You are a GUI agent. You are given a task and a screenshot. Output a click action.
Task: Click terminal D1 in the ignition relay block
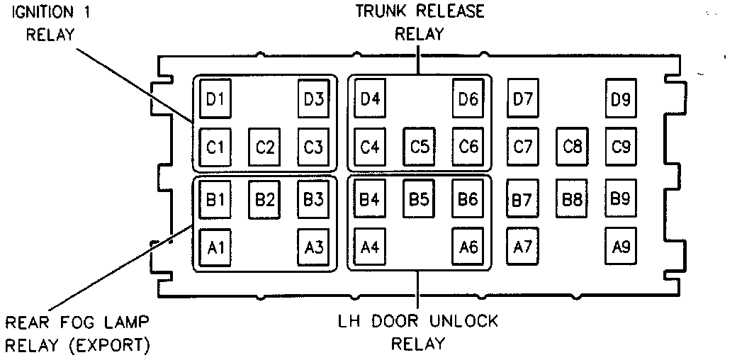coord(215,98)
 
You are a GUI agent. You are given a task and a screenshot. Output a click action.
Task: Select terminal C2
coord(265,147)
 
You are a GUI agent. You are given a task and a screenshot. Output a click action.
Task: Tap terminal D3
coord(313,98)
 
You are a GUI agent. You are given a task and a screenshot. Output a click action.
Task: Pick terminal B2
coord(265,199)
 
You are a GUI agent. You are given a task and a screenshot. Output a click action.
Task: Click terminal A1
coord(215,247)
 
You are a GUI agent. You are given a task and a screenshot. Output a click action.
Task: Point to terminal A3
coord(313,247)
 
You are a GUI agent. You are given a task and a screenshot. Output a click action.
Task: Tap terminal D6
coord(468,98)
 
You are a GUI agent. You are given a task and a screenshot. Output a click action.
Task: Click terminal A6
coord(468,247)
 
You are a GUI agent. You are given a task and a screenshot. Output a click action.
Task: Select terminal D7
coord(523,98)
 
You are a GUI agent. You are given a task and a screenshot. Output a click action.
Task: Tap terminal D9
coord(621,98)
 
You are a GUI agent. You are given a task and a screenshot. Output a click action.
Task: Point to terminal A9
coord(621,247)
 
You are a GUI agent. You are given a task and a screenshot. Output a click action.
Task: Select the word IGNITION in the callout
coord(40,12)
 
